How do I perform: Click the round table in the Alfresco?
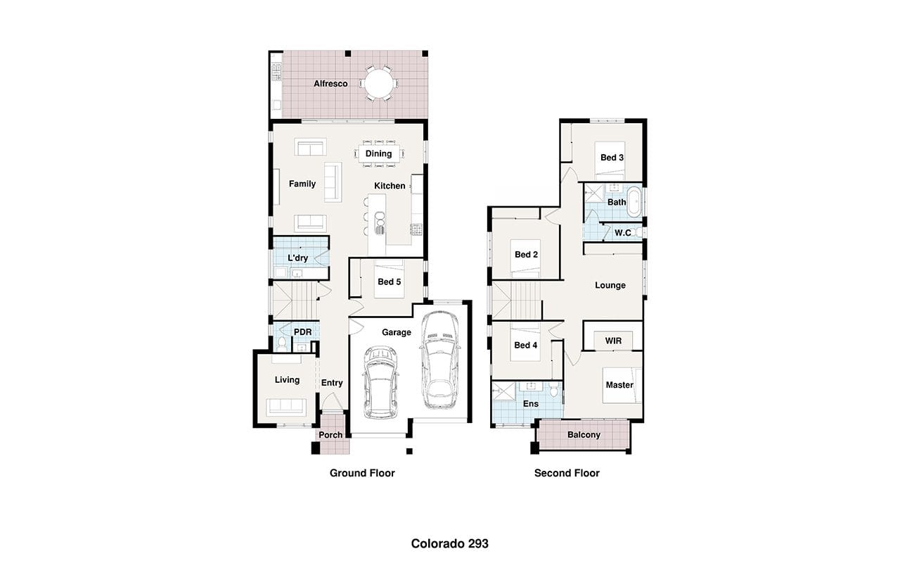coord(379,84)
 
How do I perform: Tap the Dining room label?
coord(378,153)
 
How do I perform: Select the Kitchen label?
coord(390,186)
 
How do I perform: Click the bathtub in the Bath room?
coord(635,201)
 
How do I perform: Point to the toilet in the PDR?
coord(282,344)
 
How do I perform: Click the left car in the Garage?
coord(380,382)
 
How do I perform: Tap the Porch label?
coord(330,435)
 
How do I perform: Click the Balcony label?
coord(584,435)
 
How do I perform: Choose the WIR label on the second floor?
coord(613,341)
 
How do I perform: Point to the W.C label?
coord(623,233)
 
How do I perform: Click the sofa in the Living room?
coord(286,406)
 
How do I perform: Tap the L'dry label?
coord(297,258)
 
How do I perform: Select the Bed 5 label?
coord(390,282)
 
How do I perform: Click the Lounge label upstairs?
coord(610,286)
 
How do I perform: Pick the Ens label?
coord(531,404)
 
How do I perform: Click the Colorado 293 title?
coord(449,544)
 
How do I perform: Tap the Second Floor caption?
coord(567,473)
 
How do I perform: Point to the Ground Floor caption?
coord(362,473)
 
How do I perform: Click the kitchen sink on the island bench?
coord(380,223)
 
